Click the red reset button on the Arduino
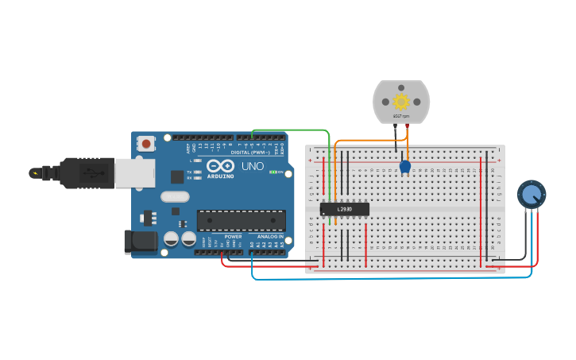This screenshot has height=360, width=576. (x=147, y=144)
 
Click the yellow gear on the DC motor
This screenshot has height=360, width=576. (x=401, y=101)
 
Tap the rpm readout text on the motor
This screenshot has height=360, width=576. (x=401, y=116)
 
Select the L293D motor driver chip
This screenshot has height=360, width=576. (x=344, y=209)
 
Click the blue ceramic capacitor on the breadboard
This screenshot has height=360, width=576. (x=405, y=167)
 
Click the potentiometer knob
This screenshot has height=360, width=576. (x=531, y=194)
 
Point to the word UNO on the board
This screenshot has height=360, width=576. (x=252, y=167)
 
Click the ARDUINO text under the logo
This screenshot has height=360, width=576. (x=220, y=176)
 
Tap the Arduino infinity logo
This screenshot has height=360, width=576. (x=220, y=166)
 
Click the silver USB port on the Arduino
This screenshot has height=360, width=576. (x=135, y=172)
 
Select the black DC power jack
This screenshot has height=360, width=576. (x=141, y=242)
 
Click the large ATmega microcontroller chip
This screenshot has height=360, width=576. (x=241, y=220)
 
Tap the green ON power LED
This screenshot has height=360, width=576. (x=273, y=172)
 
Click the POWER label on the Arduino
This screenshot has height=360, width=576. (x=233, y=237)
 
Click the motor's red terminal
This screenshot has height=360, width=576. (x=408, y=126)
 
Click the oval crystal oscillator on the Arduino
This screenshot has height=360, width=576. (x=175, y=196)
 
